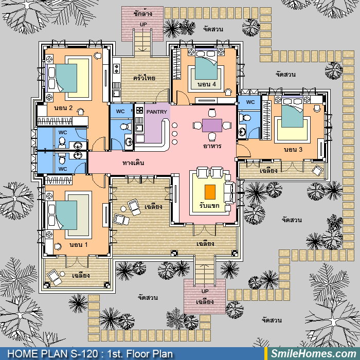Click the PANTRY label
click(x=156, y=112)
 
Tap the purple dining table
click(x=212, y=125)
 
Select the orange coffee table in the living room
click(x=210, y=192)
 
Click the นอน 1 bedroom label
click(x=79, y=245)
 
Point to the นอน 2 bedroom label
click(x=63, y=108)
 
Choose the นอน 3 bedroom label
click(x=293, y=150)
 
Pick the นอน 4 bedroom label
click(x=207, y=84)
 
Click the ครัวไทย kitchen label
click(x=144, y=78)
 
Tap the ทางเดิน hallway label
click(x=133, y=163)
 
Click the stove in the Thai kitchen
click(x=116, y=68)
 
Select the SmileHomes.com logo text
click(x=313, y=354)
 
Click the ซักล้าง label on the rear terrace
click(x=142, y=13)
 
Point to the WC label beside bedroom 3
click(x=250, y=102)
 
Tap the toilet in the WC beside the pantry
click(x=124, y=127)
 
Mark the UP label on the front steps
click(x=205, y=292)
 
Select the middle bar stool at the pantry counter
click(x=174, y=134)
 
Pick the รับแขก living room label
click(x=209, y=206)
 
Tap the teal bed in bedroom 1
click(x=66, y=215)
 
